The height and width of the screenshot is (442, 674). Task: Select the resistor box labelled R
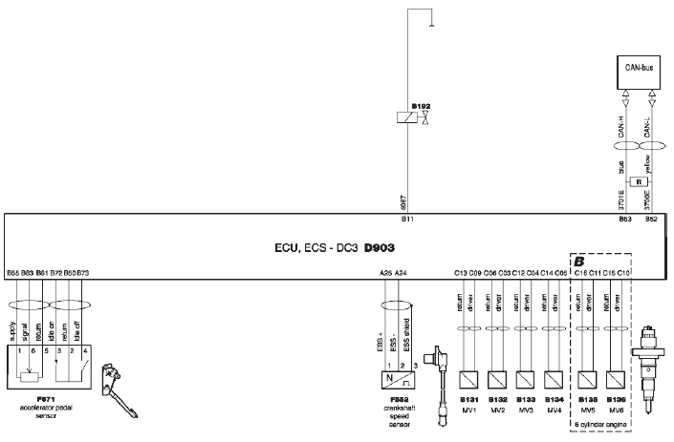pyautogui.click(x=637, y=180)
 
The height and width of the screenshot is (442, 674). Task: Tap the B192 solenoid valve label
pyautogui.click(x=422, y=104)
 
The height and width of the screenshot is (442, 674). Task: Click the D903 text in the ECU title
pyautogui.click(x=383, y=247)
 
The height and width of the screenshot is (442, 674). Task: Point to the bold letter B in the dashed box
pyautogui.click(x=578, y=261)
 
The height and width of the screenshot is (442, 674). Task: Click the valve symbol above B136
pyautogui.click(x=616, y=376)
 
